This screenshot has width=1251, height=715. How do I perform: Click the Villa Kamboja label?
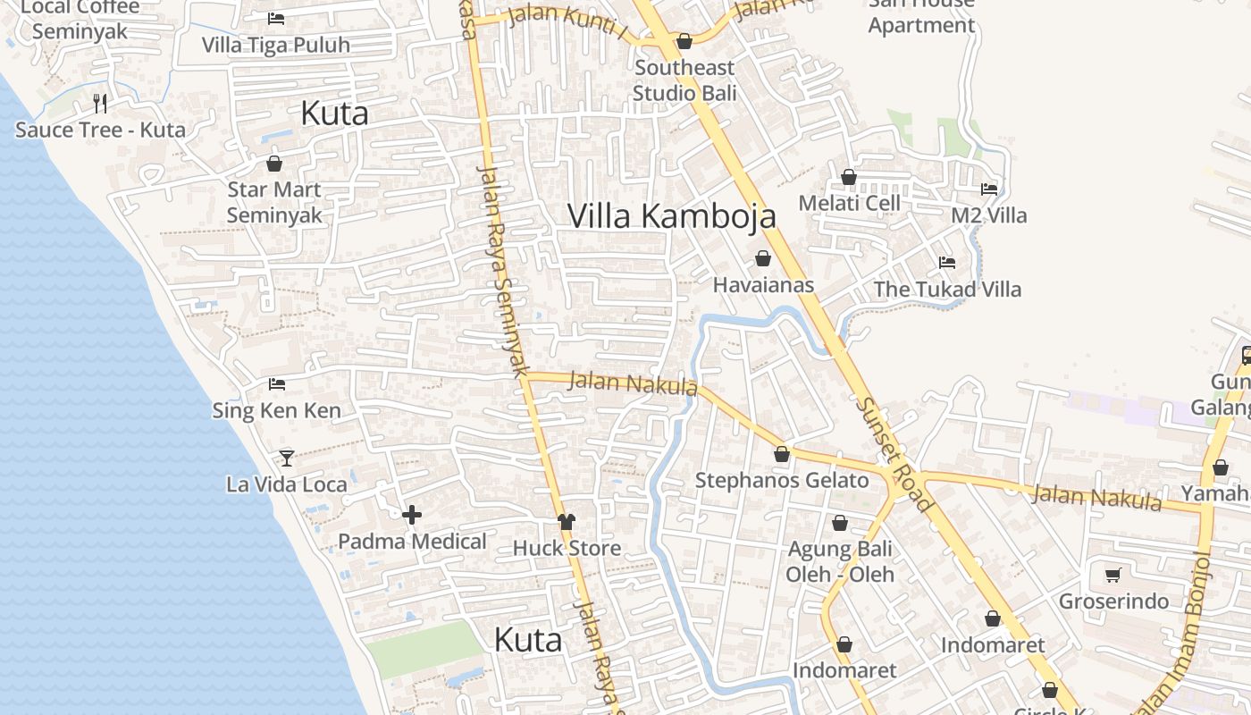(x=671, y=216)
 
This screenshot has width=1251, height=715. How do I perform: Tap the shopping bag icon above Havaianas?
(x=763, y=259)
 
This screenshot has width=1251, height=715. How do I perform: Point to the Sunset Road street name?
(x=894, y=455)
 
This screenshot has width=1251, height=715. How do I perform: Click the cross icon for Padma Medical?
(x=412, y=515)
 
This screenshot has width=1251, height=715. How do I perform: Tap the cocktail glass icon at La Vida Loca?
(x=286, y=458)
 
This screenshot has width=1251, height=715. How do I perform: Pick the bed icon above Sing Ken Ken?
(x=277, y=384)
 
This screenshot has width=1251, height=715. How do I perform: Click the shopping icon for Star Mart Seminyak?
(x=274, y=164)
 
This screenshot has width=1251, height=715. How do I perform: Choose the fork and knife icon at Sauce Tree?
(x=100, y=104)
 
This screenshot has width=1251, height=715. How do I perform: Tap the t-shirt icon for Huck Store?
(x=566, y=522)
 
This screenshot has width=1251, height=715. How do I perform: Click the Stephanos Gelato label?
(x=782, y=481)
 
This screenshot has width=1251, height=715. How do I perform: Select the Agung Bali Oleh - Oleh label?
(x=840, y=561)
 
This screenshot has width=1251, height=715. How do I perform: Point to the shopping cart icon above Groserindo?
(x=1112, y=576)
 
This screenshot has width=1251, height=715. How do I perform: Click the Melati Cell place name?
(x=849, y=203)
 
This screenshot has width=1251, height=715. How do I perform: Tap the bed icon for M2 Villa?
(x=989, y=189)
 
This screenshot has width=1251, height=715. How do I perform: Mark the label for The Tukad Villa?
(x=947, y=289)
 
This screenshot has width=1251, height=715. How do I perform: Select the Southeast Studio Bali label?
(x=684, y=80)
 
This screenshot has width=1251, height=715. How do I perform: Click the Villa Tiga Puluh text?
(x=275, y=45)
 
